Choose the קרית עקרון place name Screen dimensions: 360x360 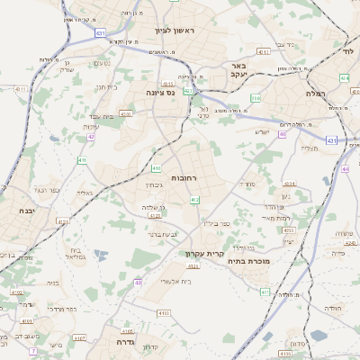202,254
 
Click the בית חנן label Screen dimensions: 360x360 106,87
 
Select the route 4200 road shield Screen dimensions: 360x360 125,114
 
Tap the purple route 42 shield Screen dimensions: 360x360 90,138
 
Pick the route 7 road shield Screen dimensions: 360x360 33,350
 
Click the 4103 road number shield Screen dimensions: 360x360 163,312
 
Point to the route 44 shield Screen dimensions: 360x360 346,167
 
